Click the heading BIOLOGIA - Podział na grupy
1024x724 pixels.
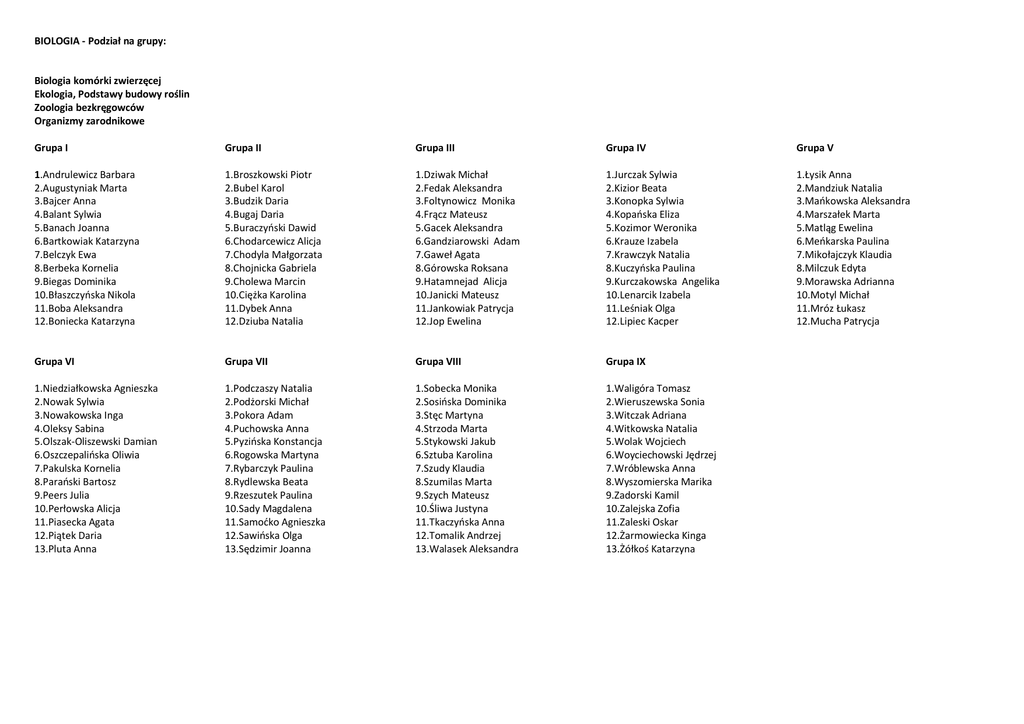100,41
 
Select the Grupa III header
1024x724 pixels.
435,148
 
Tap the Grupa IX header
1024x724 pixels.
625,361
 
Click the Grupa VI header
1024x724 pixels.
54,361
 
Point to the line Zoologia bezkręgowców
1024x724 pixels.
89,107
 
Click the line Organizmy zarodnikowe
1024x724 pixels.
89,121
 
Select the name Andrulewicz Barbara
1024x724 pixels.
84,175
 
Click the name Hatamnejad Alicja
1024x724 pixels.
461,282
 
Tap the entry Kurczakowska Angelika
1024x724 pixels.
662,282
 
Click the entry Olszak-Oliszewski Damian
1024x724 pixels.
95,442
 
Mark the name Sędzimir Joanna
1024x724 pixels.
267,549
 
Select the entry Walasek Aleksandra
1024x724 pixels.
466,549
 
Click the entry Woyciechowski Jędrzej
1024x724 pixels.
660,455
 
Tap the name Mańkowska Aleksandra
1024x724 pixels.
853,201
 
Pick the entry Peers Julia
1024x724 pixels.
61,495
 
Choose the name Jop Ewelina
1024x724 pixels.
448,322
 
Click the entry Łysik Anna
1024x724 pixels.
824,175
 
